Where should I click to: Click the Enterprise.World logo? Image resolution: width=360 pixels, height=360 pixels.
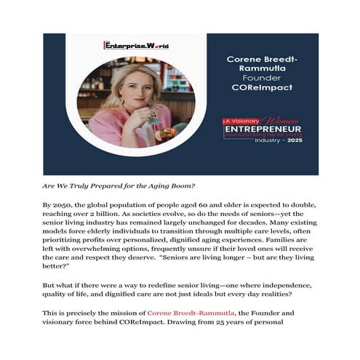click(136, 44)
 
